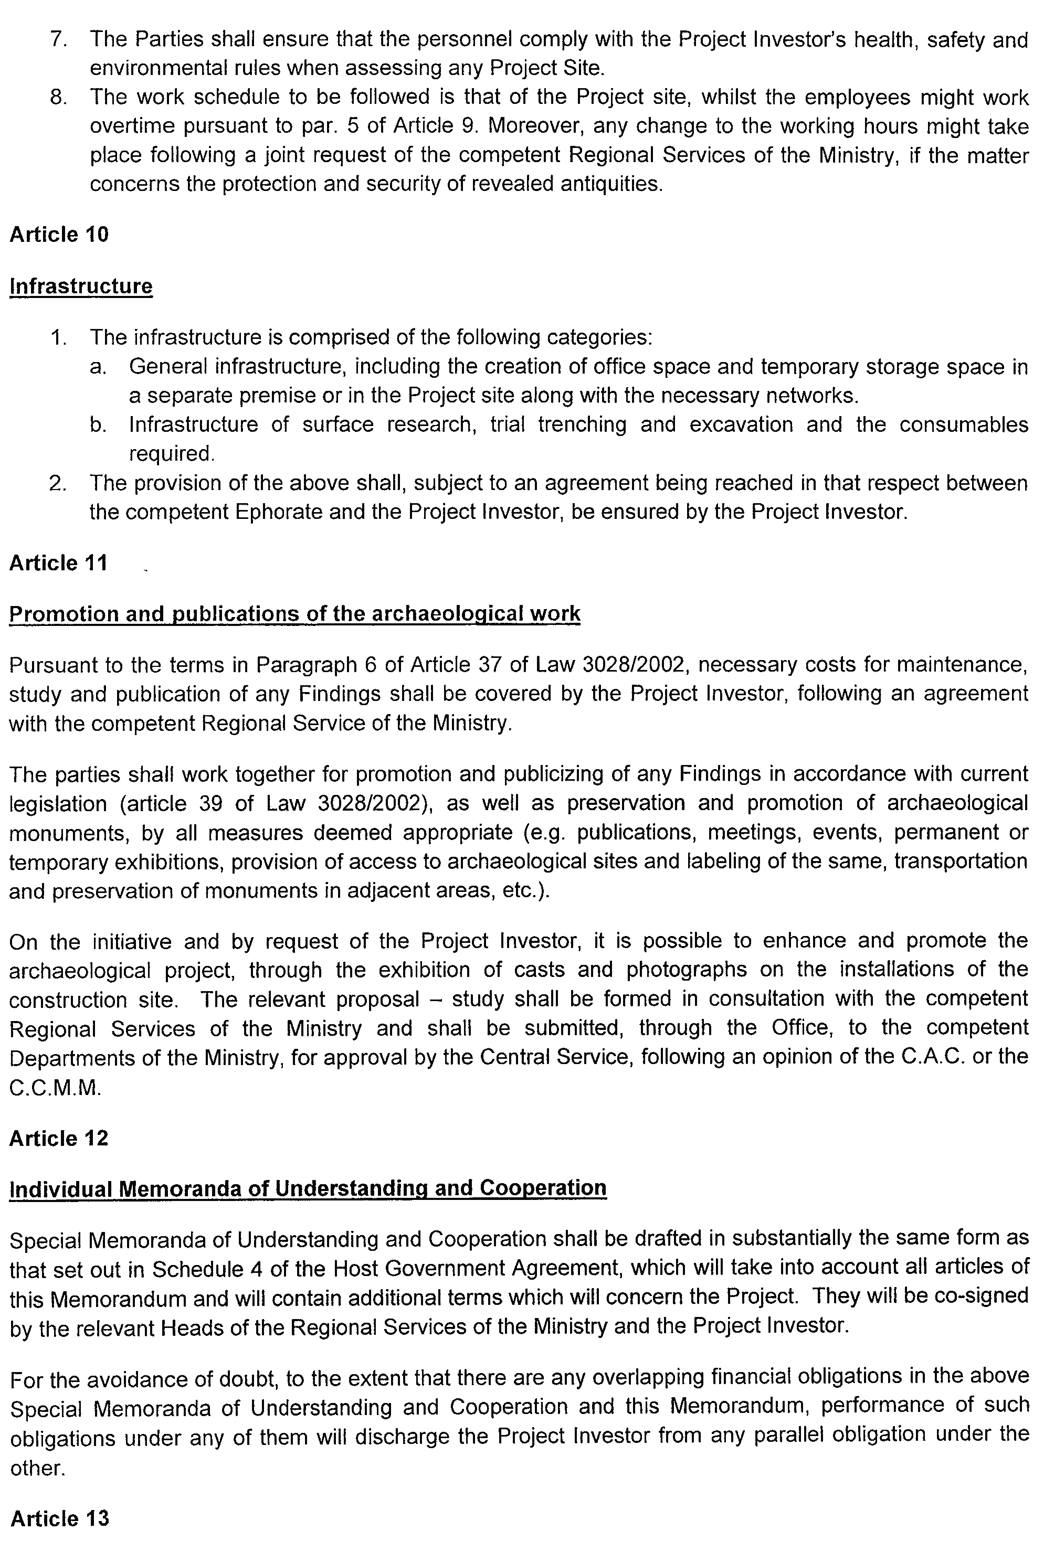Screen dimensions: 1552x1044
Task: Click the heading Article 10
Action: [59, 235]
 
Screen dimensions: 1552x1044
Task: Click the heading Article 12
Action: [59, 1138]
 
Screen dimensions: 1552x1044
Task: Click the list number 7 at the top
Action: [58, 40]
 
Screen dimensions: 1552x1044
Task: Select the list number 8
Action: [58, 97]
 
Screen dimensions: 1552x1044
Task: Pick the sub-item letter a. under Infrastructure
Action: [98, 367]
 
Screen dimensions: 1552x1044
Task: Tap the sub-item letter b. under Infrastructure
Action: [98, 424]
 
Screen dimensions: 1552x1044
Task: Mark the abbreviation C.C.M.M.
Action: [55, 1088]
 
